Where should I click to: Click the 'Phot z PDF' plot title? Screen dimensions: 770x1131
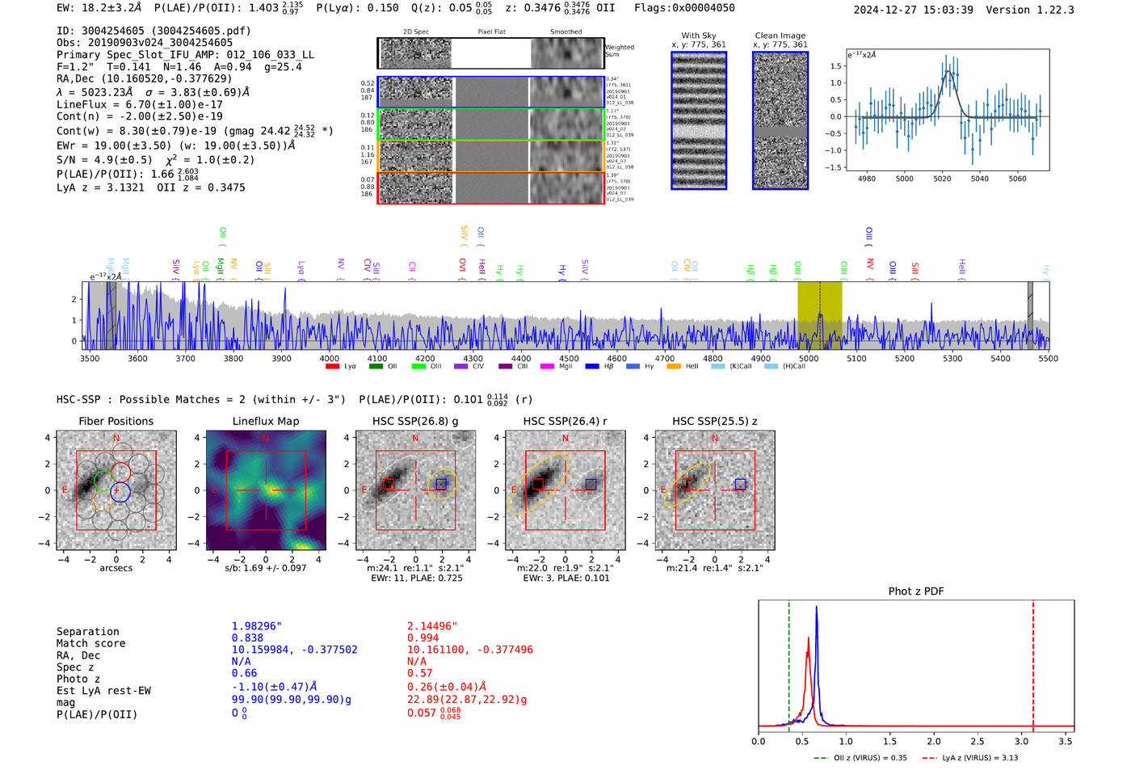(x=916, y=591)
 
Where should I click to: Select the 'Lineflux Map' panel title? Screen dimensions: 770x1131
(x=265, y=421)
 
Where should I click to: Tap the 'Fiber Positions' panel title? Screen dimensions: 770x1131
(x=116, y=421)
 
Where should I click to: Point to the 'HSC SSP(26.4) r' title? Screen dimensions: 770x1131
(x=565, y=421)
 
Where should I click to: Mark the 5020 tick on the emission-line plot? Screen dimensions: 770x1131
(x=942, y=179)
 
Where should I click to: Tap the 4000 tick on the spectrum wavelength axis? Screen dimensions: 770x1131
(x=329, y=359)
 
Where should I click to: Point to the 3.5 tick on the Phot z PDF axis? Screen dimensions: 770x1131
(x=1066, y=741)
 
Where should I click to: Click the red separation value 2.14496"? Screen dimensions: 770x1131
(x=431, y=626)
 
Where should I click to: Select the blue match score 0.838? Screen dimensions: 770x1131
(x=246, y=638)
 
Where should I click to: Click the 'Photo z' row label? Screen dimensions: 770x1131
(x=78, y=679)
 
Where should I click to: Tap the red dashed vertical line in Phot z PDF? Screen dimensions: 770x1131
(x=1033, y=663)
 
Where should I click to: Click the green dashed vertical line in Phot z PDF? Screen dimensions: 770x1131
(x=788, y=663)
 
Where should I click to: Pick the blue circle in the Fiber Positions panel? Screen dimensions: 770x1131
(x=120, y=492)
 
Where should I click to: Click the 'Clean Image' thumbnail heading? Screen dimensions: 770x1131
(x=780, y=36)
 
